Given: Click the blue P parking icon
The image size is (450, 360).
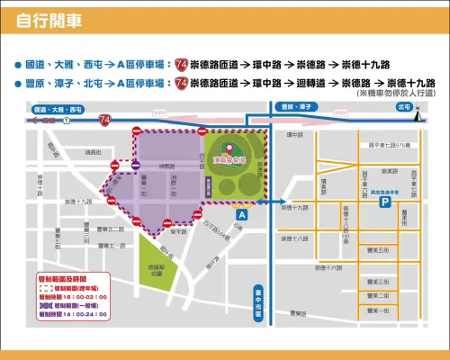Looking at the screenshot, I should tap(386, 205).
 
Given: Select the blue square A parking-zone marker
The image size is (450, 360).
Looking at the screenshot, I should tap(241, 216).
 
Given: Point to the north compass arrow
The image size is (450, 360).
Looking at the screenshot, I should tap(417, 112).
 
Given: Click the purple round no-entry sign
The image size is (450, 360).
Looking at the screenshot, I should tap(135, 166).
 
